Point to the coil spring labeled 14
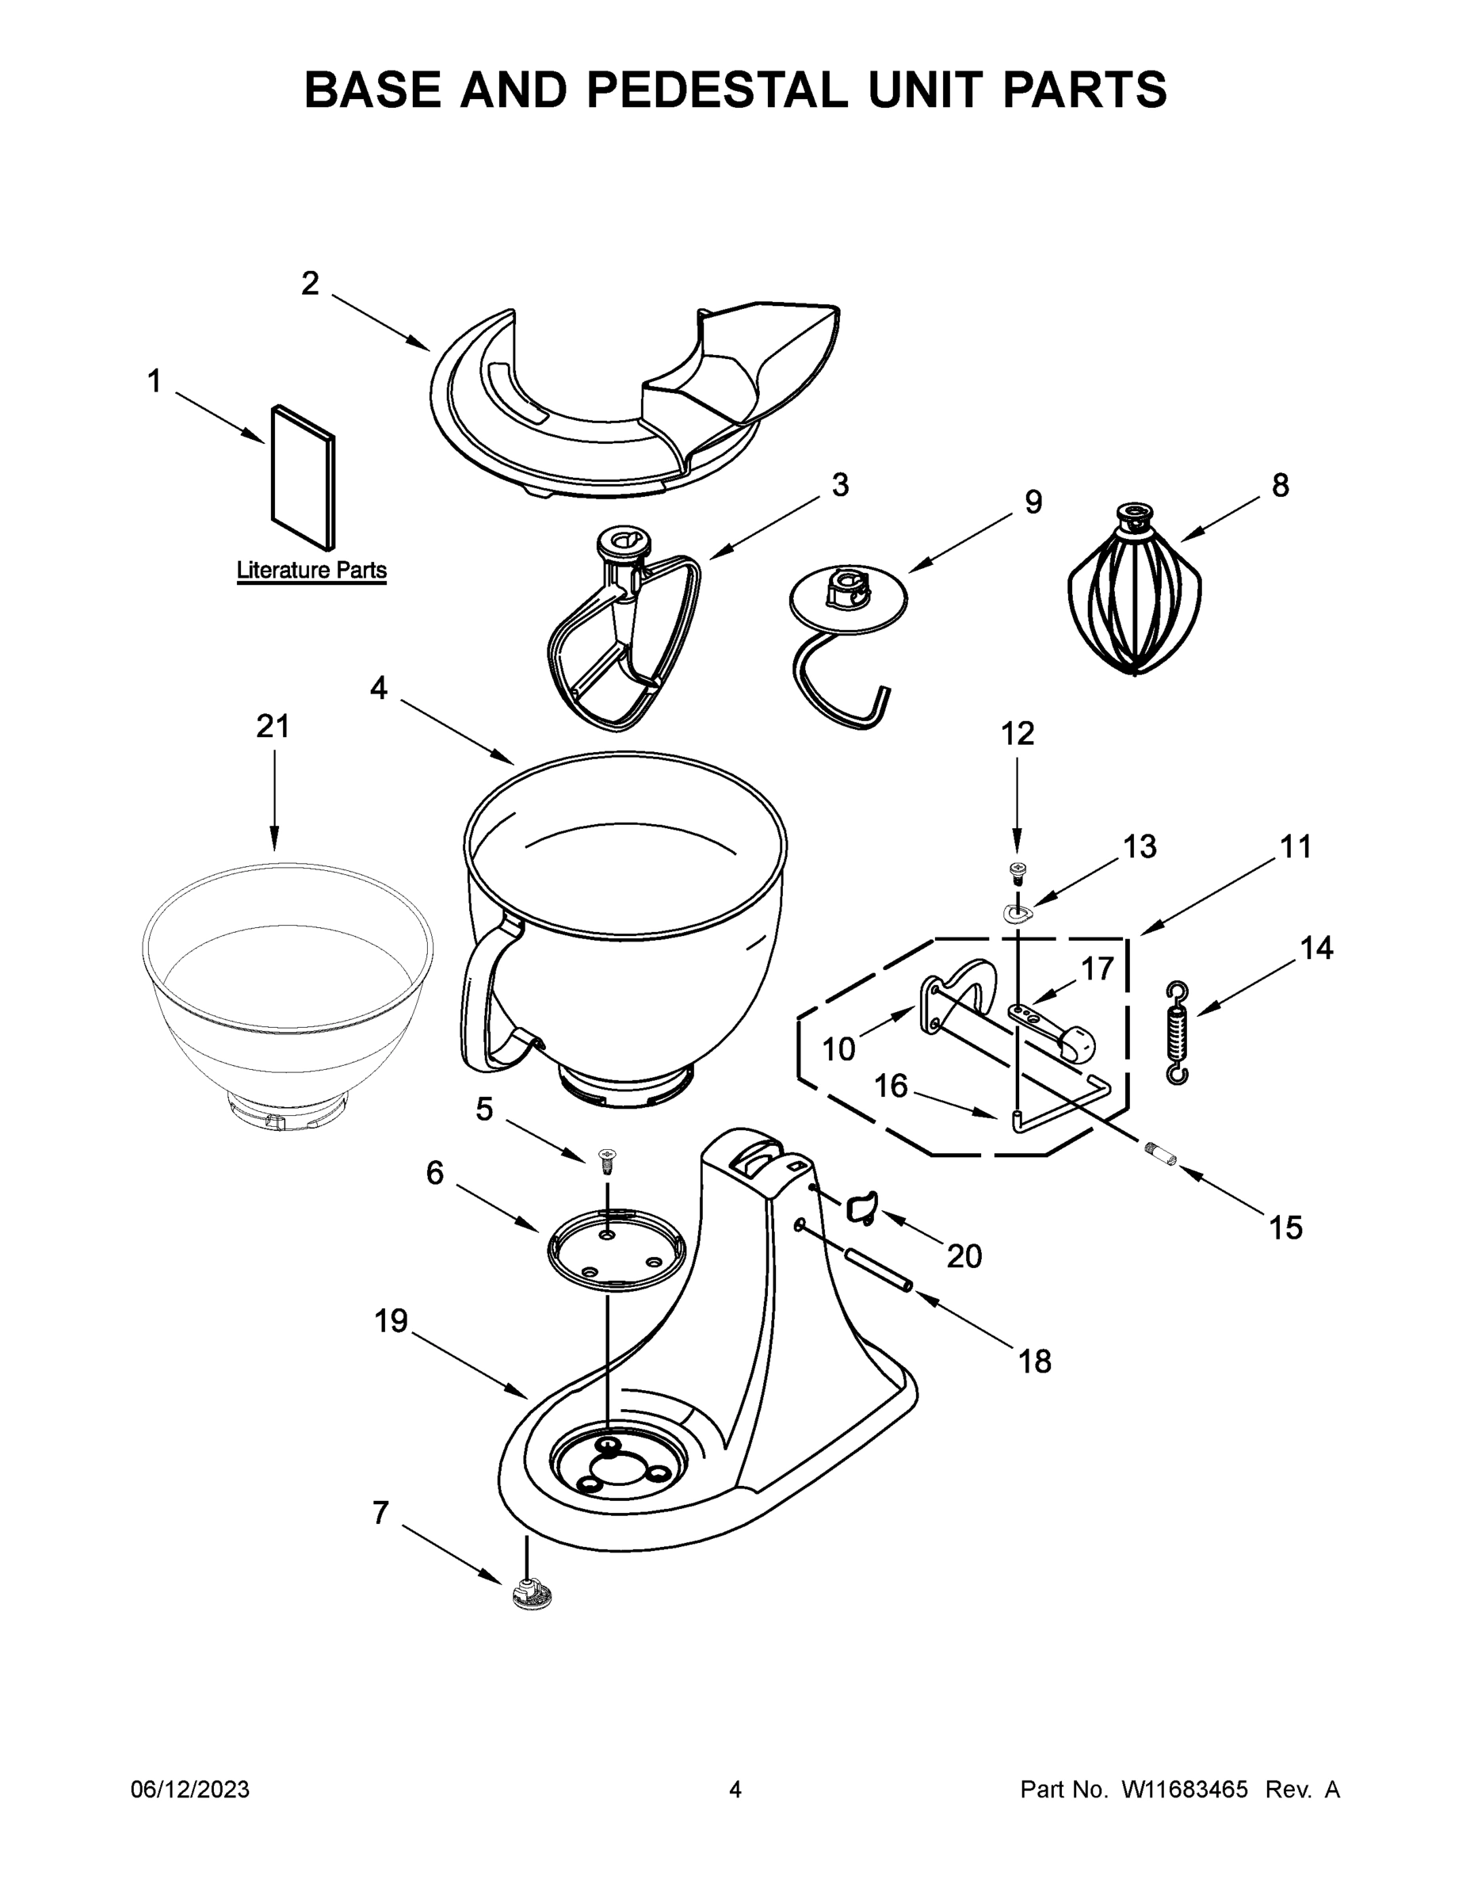click(1177, 1033)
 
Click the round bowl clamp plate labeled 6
click(616, 1249)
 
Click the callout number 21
click(273, 725)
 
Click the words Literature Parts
click(311, 571)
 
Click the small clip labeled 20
click(860, 1208)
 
